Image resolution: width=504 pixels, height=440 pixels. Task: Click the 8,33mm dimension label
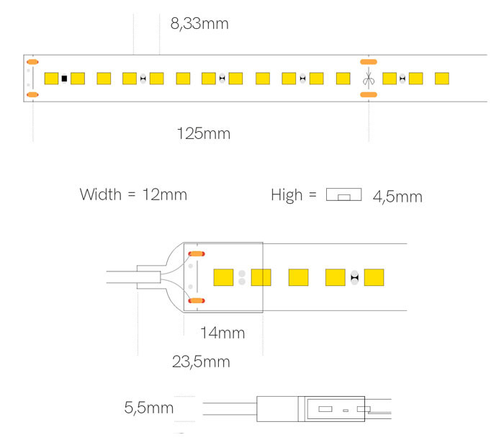(x=199, y=24)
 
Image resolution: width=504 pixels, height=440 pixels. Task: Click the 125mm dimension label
(x=204, y=133)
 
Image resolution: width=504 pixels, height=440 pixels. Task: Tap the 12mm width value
(x=164, y=194)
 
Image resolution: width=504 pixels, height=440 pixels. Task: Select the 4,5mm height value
(x=397, y=197)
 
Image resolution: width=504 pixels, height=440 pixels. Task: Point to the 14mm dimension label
(x=222, y=333)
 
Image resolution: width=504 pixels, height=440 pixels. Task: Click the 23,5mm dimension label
(x=201, y=362)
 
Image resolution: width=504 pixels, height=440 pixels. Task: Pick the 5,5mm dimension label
(x=149, y=408)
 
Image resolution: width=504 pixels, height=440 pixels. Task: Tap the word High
(x=287, y=194)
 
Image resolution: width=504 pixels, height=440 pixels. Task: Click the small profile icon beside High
(x=343, y=194)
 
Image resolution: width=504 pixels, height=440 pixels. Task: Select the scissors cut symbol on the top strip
(x=369, y=78)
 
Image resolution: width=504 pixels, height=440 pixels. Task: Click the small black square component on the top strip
(x=65, y=78)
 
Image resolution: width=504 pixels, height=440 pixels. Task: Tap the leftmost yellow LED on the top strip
(x=51, y=78)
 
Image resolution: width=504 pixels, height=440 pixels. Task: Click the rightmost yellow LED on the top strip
(x=442, y=78)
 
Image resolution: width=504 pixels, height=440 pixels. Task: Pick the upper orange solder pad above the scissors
(x=369, y=62)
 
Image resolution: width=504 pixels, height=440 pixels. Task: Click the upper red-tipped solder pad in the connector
(x=196, y=253)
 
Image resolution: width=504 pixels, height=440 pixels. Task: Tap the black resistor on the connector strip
(x=354, y=277)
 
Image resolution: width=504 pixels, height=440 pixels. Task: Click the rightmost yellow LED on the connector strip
(x=374, y=277)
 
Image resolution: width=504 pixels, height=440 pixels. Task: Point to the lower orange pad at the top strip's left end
(x=32, y=94)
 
